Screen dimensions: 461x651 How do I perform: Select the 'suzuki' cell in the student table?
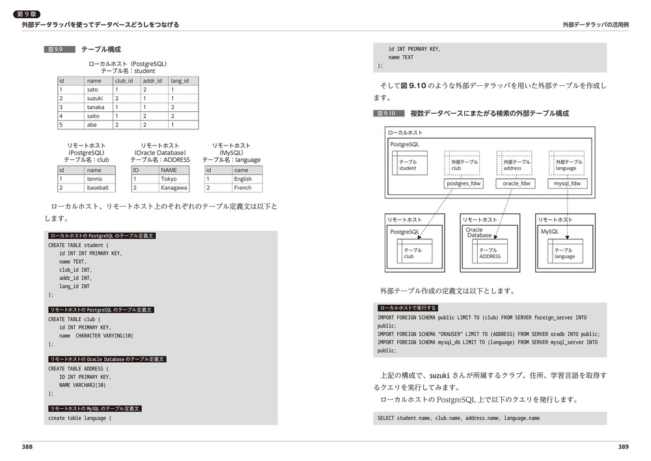[95, 98]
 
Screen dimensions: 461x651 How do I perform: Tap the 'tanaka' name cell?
[96, 107]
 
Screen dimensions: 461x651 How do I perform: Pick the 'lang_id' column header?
[180, 81]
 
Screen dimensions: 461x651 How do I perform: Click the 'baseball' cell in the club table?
[98, 188]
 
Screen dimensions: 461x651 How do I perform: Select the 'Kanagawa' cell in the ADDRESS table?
[174, 188]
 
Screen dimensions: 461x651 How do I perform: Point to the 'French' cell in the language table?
[243, 188]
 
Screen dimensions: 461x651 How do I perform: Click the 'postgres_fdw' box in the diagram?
[464, 183]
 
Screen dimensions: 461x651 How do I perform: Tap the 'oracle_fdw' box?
[517, 183]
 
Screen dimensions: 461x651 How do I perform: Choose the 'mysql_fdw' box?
[566, 183]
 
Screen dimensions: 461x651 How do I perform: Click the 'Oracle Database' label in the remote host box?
[478, 232]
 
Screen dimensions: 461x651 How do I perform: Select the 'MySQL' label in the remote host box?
[549, 231]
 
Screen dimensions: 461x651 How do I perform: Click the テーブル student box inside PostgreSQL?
[408, 165]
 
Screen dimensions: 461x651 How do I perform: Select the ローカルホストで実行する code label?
[408, 308]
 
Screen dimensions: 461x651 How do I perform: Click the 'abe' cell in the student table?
[92, 125]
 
